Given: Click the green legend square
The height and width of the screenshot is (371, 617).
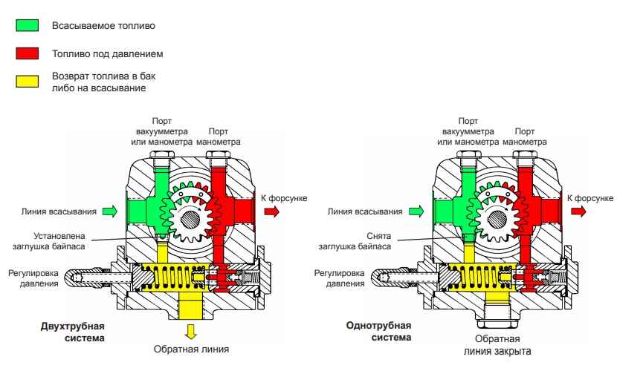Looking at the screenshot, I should coord(28,26).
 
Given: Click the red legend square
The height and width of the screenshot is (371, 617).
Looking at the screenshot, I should coord(28,54).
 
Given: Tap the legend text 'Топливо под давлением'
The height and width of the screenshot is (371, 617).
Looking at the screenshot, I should coord(107,54).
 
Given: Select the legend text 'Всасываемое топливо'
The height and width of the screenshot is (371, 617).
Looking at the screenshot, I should coord(103,26).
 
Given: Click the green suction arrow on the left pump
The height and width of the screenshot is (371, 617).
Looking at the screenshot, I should coord(110,211).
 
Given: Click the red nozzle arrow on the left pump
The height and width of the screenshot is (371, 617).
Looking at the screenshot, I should coord(269,211).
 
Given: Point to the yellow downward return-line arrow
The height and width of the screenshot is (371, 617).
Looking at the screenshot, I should coord(190,330).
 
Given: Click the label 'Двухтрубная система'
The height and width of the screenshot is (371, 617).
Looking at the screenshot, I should coord(71,332).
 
